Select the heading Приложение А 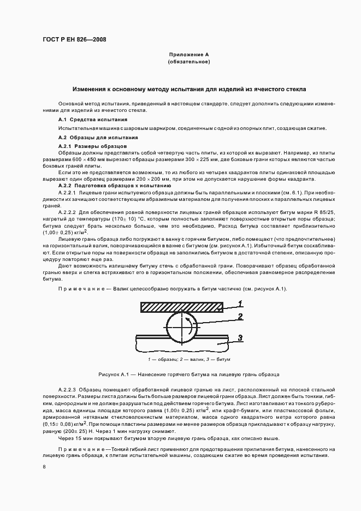[x=188, y=55]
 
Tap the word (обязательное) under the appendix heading [x=188, y=62]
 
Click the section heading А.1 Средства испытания [x=93, y=119]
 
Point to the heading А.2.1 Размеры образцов [x=92, y=147]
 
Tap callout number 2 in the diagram [x=240, y=316]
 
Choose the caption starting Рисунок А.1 [x=189, y=375]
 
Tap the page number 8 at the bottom [x=44, y=466]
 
